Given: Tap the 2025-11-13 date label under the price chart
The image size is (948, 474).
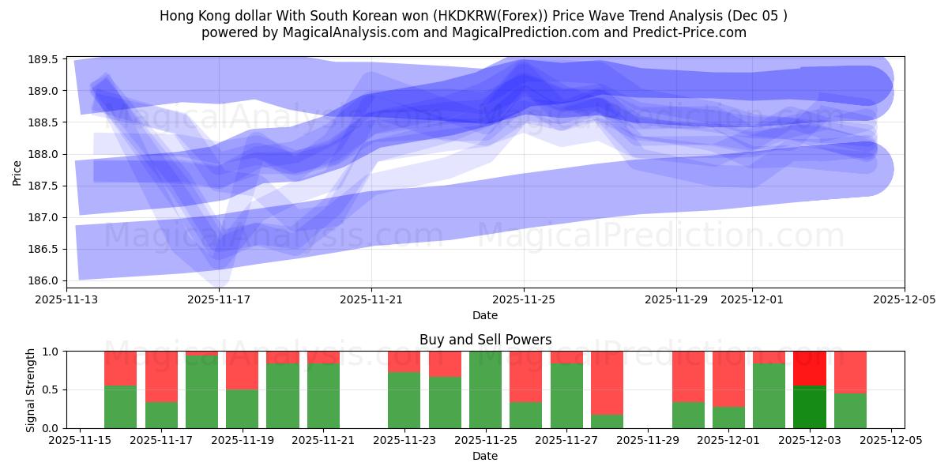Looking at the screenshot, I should (x=66, y=299).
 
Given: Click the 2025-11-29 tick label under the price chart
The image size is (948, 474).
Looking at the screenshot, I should (x=675, y=299).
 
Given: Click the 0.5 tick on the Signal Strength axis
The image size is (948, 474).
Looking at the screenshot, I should (x=51, y=389).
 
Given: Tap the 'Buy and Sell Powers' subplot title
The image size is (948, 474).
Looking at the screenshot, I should (x=485, y=340).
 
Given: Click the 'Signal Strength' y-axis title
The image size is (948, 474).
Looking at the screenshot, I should (x=31, y=389).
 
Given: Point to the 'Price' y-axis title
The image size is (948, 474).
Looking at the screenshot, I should (x=17, y=171).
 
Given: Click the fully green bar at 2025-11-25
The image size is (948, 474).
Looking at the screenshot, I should (x=485, y=389).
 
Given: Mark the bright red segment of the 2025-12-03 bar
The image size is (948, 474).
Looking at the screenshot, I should (x=809, y=368).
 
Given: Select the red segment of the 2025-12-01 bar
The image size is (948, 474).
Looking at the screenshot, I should (x=728, y=378).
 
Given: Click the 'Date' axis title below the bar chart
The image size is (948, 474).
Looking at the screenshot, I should (x=485, y=456).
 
